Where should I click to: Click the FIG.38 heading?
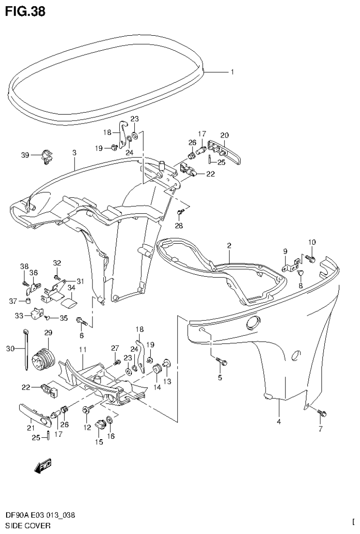tap(25, 11)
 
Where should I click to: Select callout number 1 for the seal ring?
tap(231, 72)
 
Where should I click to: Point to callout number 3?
tap(74, 153)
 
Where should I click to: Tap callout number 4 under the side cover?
tap(278, 422)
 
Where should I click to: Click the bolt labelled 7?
tap(322, 413)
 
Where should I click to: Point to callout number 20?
tap(224, 134)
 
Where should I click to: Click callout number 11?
tap(83, 350)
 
